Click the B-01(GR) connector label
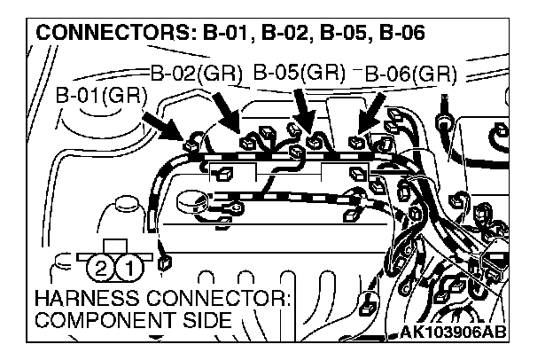point(100,96)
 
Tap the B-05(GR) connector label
point(299,72)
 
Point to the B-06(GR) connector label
point(410,73)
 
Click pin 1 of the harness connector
point(129,266)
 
